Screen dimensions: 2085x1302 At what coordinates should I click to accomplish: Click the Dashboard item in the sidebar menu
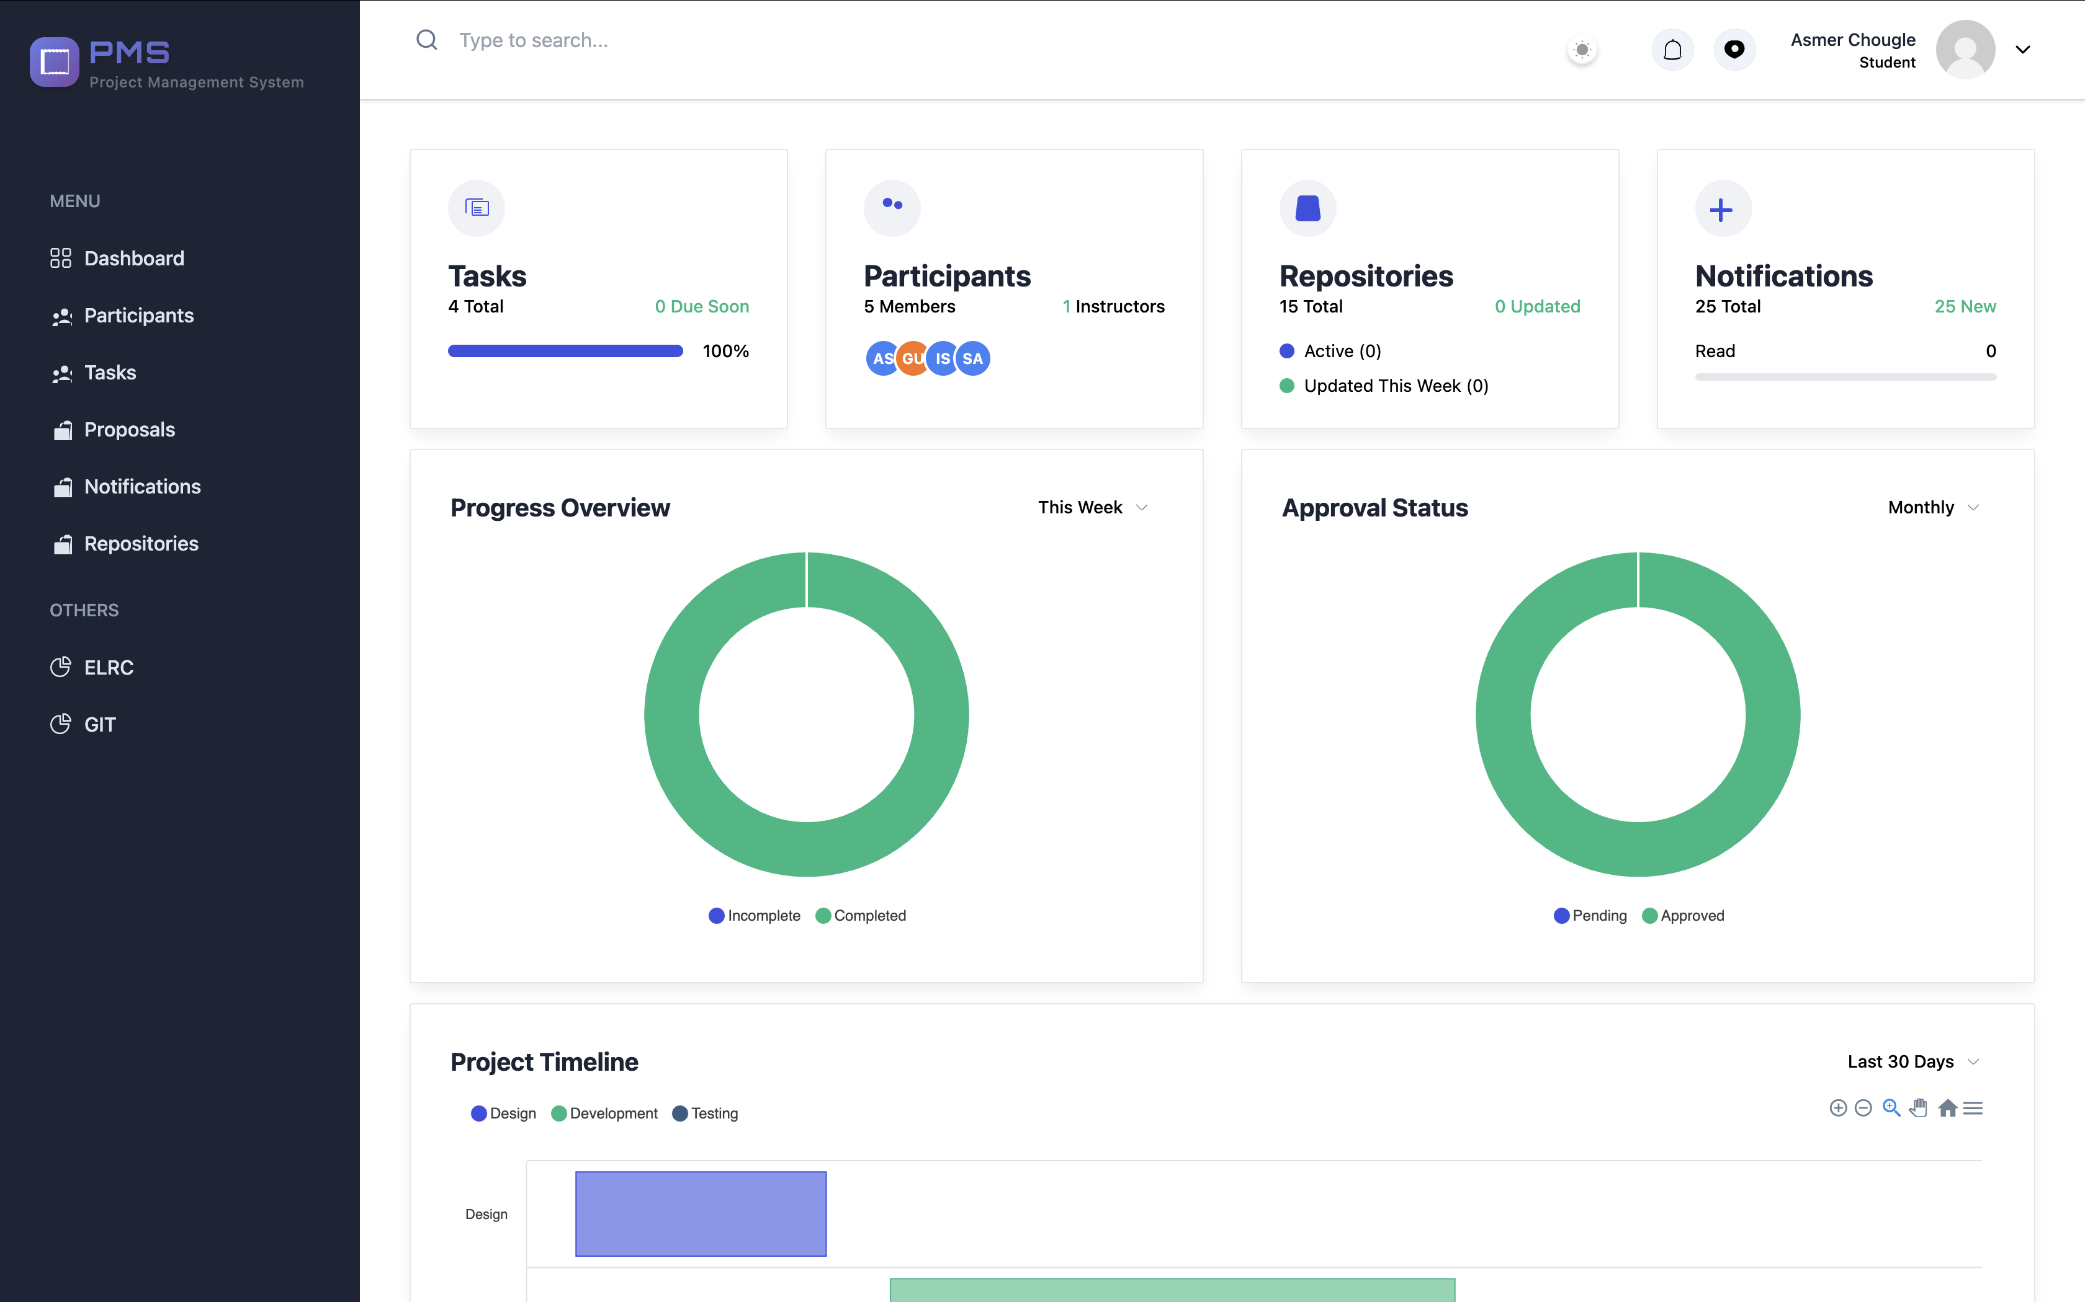(117, 259)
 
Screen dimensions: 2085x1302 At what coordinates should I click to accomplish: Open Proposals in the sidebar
(113, 430)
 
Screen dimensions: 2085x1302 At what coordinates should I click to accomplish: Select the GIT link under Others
(83, 724)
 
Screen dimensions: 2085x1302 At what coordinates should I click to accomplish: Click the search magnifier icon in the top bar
(426, 40)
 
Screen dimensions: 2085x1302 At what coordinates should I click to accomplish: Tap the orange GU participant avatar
(912, 358)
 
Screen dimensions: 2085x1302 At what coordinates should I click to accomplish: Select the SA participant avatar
(973, 358)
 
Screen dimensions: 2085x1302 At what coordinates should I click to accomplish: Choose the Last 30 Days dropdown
(1912, 1061)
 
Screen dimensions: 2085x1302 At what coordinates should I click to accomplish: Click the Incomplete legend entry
(755, 915)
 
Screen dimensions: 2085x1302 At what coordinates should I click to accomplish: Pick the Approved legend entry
(1684, 915)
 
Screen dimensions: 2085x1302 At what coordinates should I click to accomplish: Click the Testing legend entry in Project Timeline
(705, 1114)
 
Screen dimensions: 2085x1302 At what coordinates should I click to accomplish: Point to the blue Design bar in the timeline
(701, 1213)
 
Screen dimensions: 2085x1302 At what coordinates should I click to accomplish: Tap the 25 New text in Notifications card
(1965, 306)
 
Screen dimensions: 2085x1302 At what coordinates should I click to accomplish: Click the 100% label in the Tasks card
(725, 352)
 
